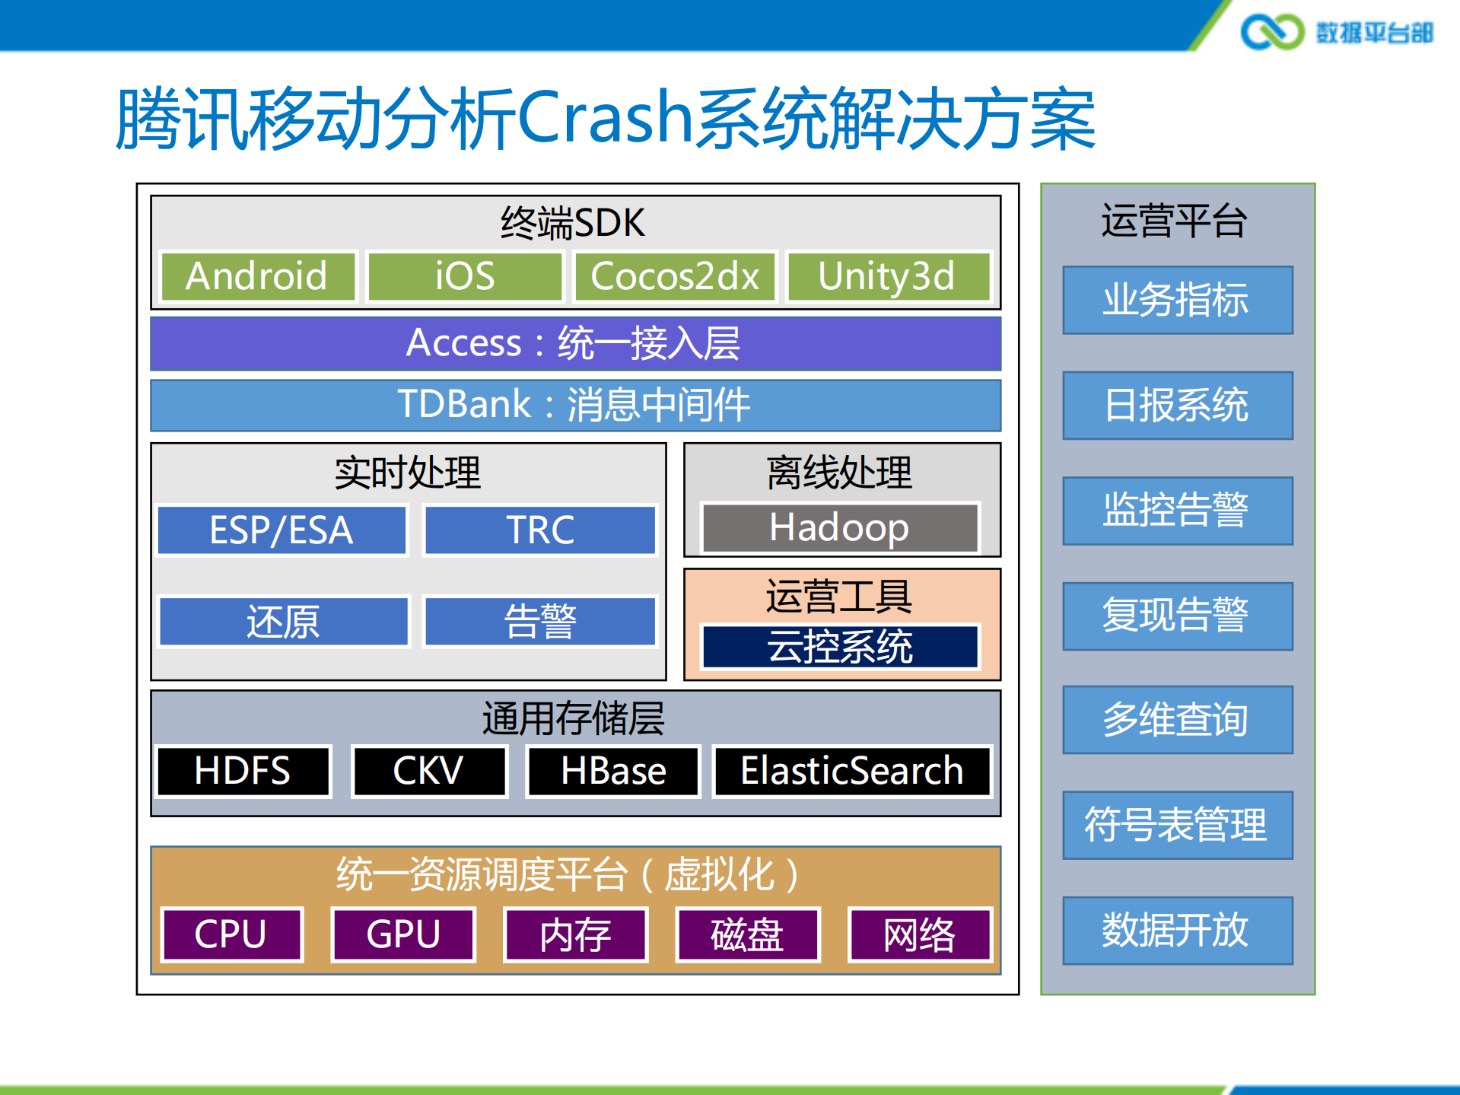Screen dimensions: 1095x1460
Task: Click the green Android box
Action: click(258, 276)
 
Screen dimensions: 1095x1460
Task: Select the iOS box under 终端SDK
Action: click(464, 276)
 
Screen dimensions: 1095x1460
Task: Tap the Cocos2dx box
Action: click(675, 276)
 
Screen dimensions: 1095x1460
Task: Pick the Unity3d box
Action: click(887, 276)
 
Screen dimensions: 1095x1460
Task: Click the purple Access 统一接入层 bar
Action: click(575, 343)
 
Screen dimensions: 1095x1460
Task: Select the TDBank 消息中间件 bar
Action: click(575, 405)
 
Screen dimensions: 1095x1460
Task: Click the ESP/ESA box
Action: click(282, 530)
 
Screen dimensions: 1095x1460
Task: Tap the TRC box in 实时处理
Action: click(540, 530)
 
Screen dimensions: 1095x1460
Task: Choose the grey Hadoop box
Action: click(840, 527)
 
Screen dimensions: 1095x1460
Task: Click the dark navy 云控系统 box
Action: click(840, 647)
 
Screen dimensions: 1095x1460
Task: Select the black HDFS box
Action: click(243, 771)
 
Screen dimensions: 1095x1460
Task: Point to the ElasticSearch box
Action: click(852, 771)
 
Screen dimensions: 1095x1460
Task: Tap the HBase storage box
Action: click(613, 771)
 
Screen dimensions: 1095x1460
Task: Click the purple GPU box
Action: click(403, 934)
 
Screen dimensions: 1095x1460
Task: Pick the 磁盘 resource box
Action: click(747, 934)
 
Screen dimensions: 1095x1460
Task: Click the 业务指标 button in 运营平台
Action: click(1177, 300)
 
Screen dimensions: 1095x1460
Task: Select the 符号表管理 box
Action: click(1177, 825)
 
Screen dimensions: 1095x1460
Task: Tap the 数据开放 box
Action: click(1177, 930)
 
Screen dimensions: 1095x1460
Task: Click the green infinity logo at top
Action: click(1271, 32)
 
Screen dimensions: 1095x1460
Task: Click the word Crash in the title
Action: click(606, 118)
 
